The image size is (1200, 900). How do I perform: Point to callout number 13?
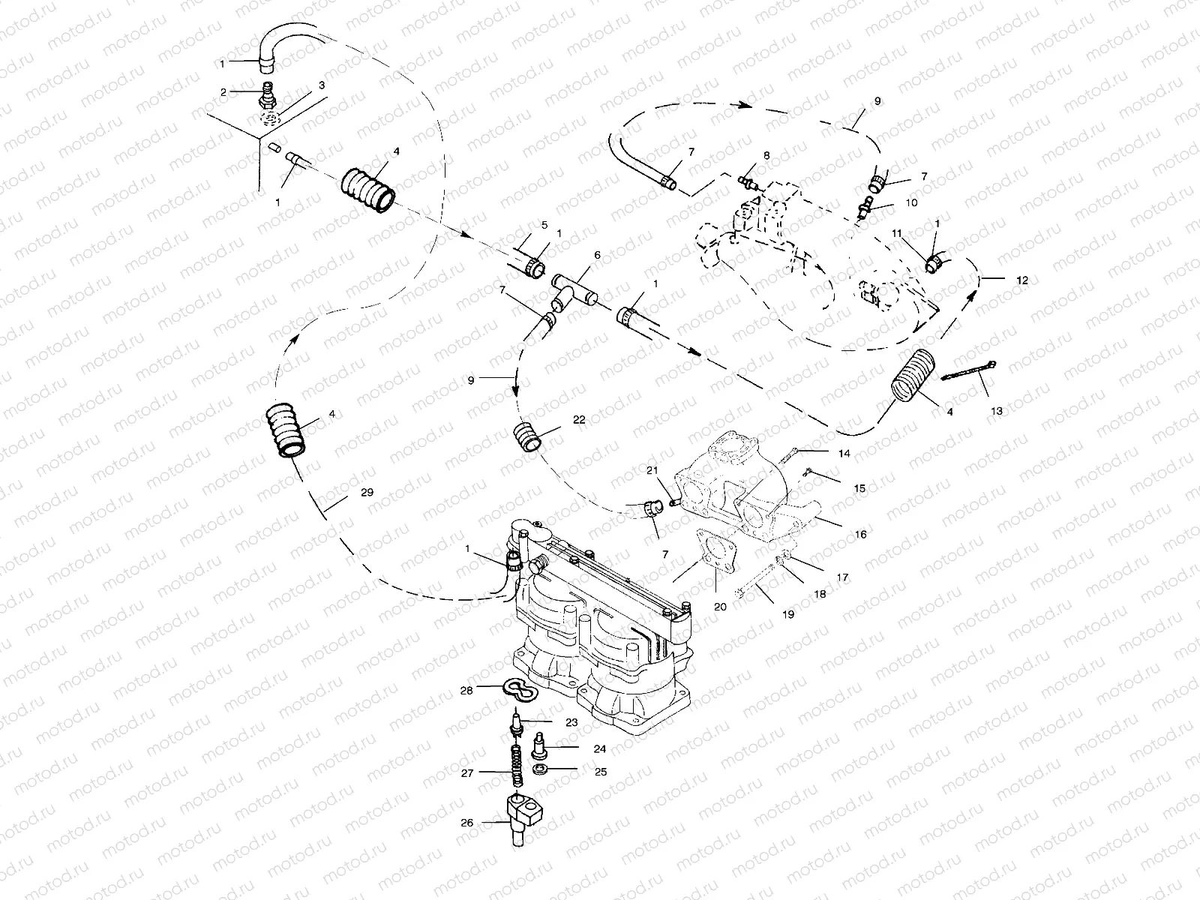[996, 411]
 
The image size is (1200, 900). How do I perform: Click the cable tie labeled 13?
[967, 370]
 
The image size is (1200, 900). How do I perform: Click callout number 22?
[578, 420]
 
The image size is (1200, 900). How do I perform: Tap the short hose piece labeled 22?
[528, 437]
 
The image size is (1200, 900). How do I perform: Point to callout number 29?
[366, 492]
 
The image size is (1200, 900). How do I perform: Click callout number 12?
[1022, 280]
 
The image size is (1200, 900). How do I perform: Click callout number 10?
[911, 202]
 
